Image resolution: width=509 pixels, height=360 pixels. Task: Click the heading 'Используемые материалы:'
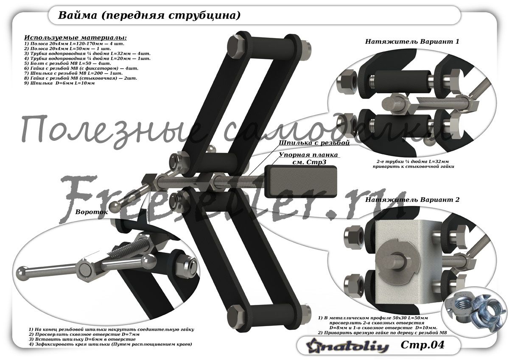[x=75, y=38]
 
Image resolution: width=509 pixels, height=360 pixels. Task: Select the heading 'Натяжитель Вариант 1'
[x=412, y=42]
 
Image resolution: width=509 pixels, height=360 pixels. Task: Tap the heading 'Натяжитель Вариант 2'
[x=412, y=199]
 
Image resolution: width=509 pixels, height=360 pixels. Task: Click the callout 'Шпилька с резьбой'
[x=314, y=143]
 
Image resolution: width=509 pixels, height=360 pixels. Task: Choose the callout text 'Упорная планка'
[x=308, y=155]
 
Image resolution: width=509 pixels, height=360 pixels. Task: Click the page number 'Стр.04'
[x=422, y=345]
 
